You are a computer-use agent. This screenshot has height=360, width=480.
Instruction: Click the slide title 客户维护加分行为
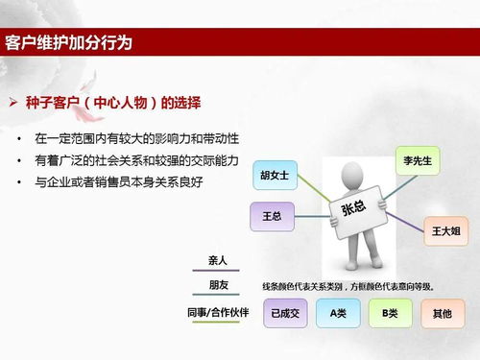81,43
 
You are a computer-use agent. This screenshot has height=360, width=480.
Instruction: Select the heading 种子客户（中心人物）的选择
120,101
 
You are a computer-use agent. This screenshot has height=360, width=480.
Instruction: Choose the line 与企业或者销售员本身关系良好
119,181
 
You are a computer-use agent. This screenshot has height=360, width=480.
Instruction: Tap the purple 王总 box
272,216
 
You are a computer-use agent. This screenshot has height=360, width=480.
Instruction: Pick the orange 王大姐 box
447,230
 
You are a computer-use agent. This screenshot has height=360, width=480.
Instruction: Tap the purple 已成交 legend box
285,313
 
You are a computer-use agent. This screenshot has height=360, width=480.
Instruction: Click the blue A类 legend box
339,313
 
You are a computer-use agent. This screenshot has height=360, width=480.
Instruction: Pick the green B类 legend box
390,313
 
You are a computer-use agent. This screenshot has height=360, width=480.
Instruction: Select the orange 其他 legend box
442,313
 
